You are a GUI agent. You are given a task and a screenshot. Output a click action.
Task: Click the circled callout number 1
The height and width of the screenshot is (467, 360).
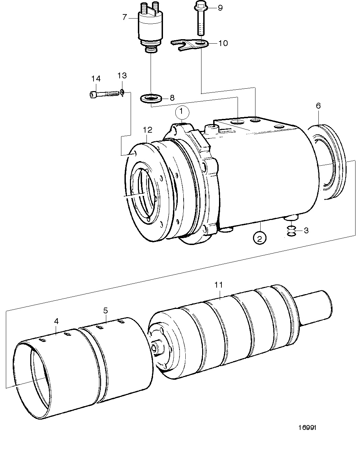(182, 112)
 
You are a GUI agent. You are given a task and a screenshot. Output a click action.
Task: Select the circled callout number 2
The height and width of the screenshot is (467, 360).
(260, 238)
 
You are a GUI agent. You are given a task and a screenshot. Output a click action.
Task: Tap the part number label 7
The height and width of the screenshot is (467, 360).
(124, 17)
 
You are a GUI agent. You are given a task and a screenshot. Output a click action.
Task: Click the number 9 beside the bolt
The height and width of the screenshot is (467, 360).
(220, 8)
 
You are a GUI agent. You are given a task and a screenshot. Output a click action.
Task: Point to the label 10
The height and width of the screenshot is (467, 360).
(223, 43)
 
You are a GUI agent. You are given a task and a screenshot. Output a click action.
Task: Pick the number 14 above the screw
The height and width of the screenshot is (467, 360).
(96, 79)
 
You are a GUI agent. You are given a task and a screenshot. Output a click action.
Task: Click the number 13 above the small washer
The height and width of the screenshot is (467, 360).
(122, 76)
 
